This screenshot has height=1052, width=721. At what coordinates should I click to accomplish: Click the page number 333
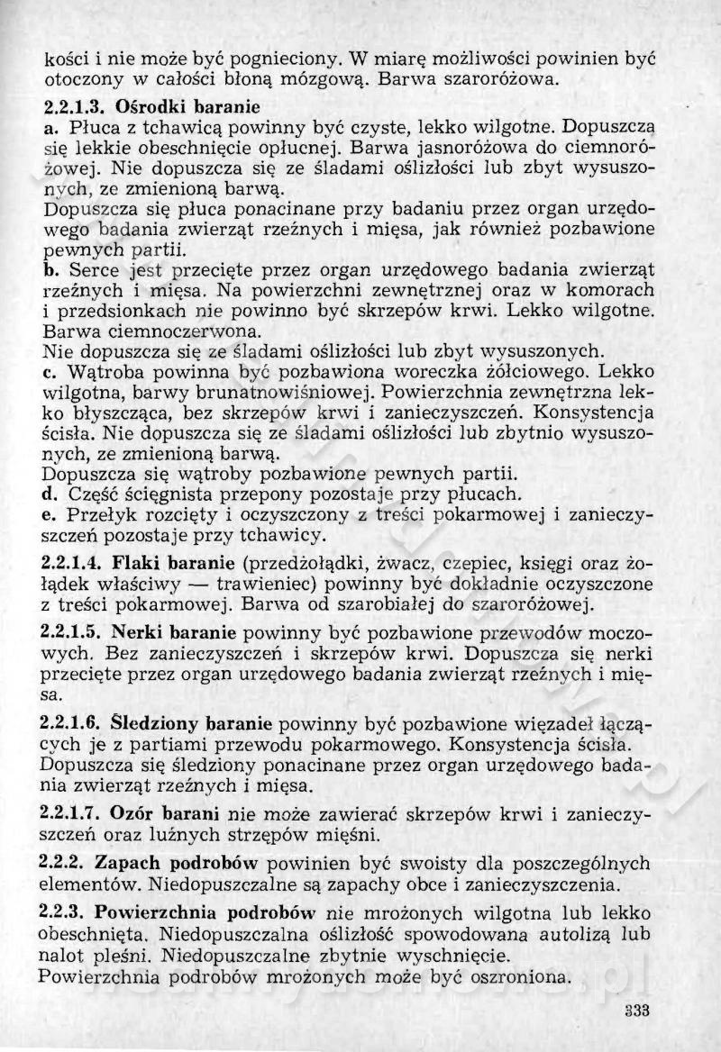point(636,1009)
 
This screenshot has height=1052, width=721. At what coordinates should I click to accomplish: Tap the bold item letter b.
point(50,269)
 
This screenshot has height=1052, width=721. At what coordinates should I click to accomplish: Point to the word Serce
point(92,269)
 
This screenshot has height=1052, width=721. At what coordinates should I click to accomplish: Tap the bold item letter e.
point(49,516)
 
